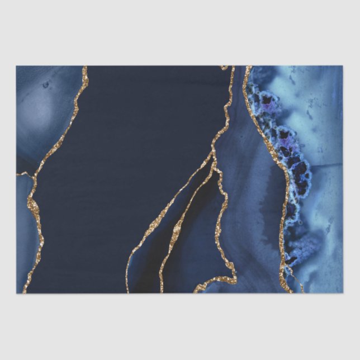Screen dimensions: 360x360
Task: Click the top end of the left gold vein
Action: [x=86, y=68]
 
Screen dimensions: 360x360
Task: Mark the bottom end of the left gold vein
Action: [x=25, y=291]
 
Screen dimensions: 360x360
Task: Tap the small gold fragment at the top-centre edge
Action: [x=225, y=68]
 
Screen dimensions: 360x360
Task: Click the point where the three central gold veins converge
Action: [x=214, y=157]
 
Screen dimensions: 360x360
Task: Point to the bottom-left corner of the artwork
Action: [x=17, y=292]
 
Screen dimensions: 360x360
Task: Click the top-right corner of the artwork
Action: [x=342, y=67]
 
